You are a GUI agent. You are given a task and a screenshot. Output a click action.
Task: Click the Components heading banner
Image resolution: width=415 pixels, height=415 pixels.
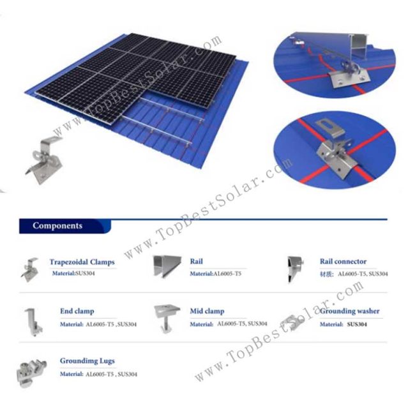coord(58,225)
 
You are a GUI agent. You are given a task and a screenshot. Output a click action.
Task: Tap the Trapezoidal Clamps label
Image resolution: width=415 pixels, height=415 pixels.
coord(82,262)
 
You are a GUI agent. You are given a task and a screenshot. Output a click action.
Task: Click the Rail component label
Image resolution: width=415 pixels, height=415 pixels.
coord(196,262)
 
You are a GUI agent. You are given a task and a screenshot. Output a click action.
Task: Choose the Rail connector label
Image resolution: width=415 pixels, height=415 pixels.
coord(343,261)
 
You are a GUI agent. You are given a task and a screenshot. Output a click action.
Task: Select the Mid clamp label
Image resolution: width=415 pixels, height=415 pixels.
coord(207,311)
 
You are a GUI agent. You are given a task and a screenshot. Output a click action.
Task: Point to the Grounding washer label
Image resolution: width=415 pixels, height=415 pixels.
coord(350,311)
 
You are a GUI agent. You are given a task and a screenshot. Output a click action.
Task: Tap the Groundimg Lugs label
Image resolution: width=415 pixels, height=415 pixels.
coord(87,361)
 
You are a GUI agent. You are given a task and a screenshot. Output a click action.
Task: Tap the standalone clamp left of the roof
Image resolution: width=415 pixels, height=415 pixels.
coord(43,156)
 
